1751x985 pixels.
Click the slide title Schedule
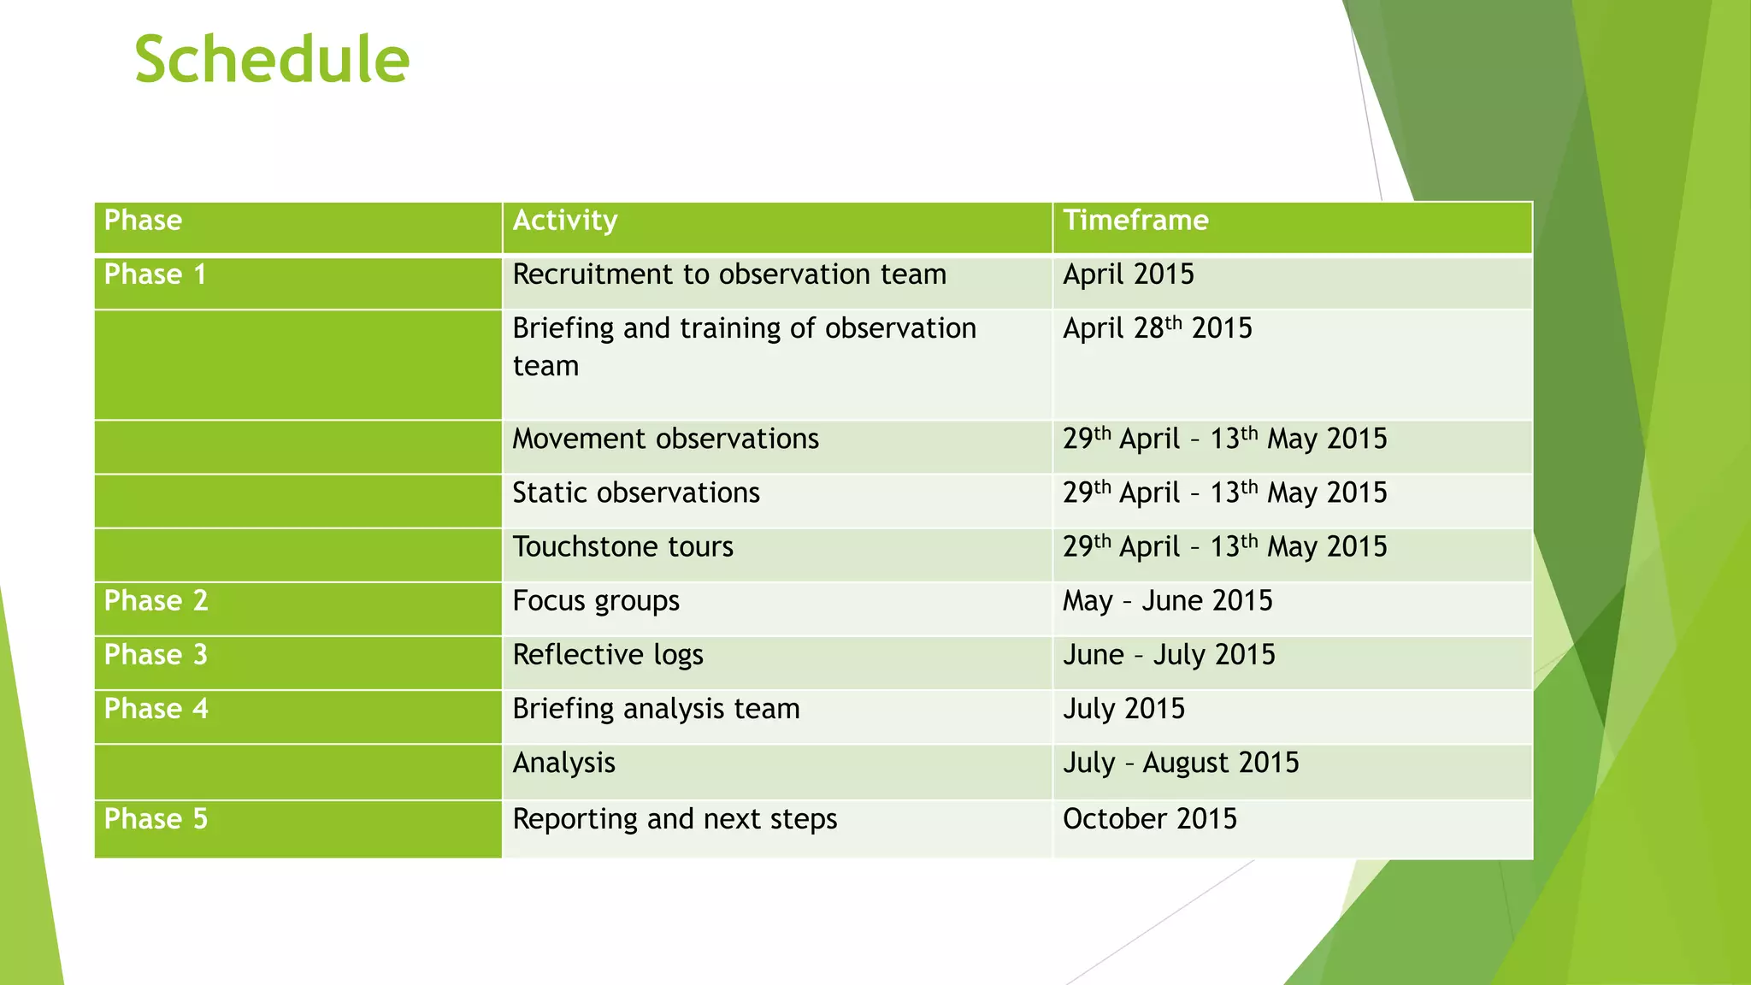[272, 60]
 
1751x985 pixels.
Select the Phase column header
[143, 221]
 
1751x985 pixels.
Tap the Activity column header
[564, 221]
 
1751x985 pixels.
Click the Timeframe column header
[1135, 221]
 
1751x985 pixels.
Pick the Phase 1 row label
[155, 274]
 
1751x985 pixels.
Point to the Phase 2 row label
[156, 601]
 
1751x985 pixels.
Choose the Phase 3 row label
[156, 655]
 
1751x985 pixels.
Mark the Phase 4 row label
[156, 709]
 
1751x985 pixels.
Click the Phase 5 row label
[156, 819]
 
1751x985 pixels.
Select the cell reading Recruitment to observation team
[728, 274]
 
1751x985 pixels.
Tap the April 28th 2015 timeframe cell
[1156, 328]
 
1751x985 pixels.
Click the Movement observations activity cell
[665, 439]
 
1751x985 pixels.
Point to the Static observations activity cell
[635, 493]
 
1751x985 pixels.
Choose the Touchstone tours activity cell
[622, 547]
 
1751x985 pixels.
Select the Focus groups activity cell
[596, 601]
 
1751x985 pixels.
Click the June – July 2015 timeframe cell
[1168, 655]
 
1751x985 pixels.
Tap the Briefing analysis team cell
[656, 709]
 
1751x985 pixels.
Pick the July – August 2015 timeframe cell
[1180, 763]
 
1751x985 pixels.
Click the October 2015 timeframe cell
[1149, 819]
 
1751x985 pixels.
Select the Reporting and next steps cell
[674, 819]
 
